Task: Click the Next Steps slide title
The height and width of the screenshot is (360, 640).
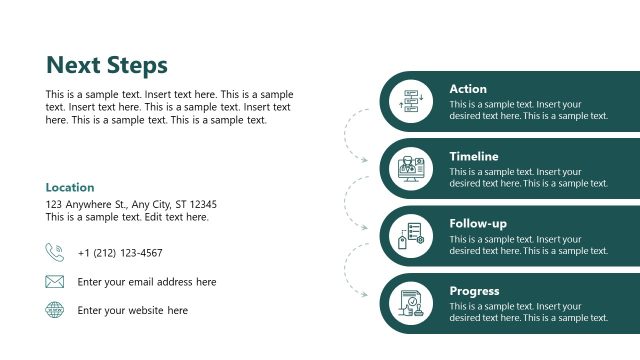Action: [x=107, y=66]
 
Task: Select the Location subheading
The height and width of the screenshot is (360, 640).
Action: [x=70, y=187]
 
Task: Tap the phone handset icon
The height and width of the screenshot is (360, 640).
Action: [x=54, y=252]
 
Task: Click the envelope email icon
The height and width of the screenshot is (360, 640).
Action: [x=54, y=282]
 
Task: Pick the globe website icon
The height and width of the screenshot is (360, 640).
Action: [x=54, y=310]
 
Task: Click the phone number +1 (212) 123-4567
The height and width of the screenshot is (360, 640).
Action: [x=119, y=253]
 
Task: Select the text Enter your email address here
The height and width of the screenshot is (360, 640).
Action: [x=146, y=282]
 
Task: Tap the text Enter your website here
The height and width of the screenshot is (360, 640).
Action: [x=132, y=310]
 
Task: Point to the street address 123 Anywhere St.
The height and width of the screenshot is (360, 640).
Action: [x=131, y=204]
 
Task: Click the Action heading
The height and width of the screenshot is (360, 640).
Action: [x=468, y=89]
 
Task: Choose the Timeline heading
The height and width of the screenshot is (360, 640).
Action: [x=474, y=156]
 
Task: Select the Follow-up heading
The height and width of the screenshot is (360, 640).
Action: [x=477, y=223]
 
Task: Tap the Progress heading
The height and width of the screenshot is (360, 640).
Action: [x=475, y=291]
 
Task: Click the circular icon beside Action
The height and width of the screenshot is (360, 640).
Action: [x=411, y=101]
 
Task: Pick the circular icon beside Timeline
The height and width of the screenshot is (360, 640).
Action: [x=411, y=168]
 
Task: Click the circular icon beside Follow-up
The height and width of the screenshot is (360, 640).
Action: [x=411, y=236]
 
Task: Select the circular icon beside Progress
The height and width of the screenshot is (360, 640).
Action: [x=411, y=303]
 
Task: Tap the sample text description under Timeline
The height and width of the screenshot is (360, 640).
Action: [x=528, y=177]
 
